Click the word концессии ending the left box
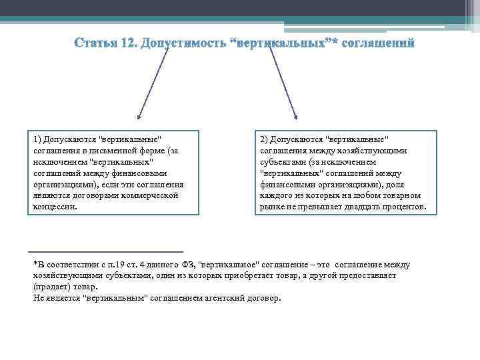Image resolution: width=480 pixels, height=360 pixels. (55, 207)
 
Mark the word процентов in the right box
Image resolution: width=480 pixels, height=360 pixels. (412, 207)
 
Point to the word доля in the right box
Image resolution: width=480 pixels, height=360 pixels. (395, 185)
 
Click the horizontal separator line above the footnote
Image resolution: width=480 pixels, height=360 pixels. (107, 251)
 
